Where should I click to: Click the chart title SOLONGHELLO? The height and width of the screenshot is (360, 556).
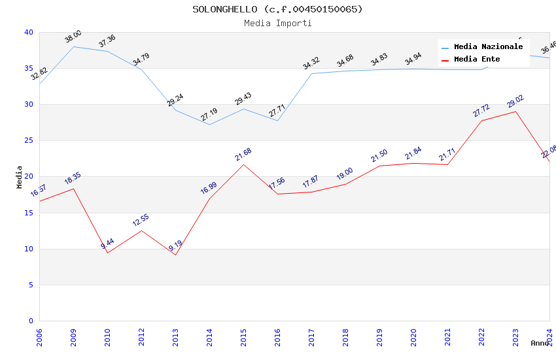click(277, 9)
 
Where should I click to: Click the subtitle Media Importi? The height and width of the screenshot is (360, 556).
click(277, 24)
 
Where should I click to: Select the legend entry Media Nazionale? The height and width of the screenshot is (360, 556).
click(488, 47)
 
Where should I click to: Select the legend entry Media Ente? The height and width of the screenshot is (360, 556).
click(477, 60)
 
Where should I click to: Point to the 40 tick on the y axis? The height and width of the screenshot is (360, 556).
click(28, 33)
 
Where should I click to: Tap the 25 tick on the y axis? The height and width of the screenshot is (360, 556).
click(28, 141)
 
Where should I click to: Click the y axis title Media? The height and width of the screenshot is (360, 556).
click(20, 177)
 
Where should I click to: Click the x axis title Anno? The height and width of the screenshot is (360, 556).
click(540, 343)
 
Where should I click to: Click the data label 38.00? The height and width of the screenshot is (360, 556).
click(73, 37)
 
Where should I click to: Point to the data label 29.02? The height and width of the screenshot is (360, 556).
click(515, 101)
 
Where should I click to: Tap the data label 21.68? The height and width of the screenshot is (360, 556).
click(243, 155)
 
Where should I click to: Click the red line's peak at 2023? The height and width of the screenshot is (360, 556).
click(515, 111)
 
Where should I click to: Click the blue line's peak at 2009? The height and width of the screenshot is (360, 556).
click(73, 46)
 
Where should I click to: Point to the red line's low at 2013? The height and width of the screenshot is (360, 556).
click(175, 255)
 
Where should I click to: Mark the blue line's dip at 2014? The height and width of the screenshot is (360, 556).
click(209, 124)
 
